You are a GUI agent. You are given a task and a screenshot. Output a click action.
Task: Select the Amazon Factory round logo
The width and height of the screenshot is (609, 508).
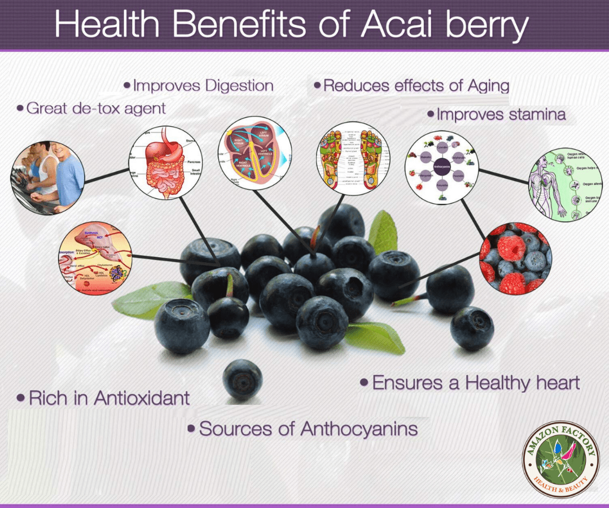pyautogui.click(x=561, y=459)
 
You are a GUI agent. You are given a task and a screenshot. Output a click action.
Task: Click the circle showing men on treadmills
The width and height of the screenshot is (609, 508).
pyautogui.click(x=47, y=176)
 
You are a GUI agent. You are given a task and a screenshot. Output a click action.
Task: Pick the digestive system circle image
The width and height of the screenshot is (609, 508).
pyautogui.click(x=165, y=163)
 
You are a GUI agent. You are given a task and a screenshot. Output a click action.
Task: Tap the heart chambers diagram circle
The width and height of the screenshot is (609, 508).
pyautogui.click(x=255, y=153)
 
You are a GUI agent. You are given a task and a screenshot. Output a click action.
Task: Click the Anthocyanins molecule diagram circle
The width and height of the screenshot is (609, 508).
pyautogui.click(x=442, y=168)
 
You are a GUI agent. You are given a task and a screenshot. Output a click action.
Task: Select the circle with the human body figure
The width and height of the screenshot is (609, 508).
pyautogui.click(x=565, y=183)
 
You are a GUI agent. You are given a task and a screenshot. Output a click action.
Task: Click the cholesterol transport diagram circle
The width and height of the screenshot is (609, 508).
pyautogui.click(x=95, y=257)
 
